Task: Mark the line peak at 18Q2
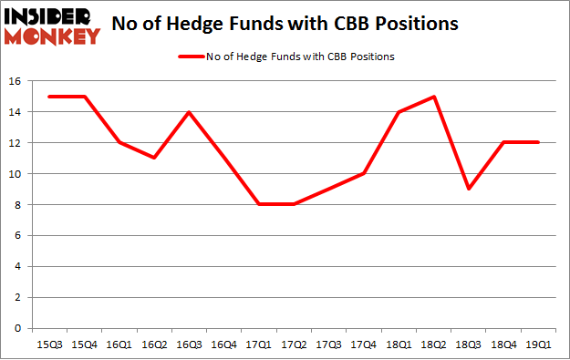434,97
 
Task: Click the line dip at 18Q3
469,189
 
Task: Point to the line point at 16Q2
155,159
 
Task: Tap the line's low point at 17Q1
260,204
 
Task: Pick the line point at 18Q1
399,112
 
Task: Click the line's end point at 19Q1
538,143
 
